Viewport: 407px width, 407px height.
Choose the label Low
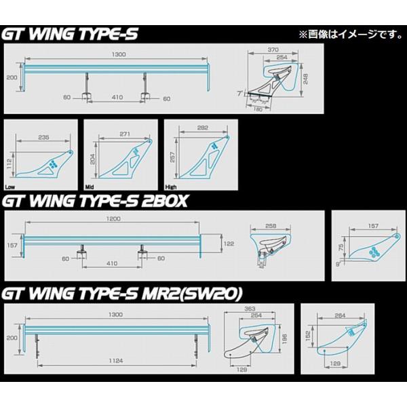(x=9, y=185)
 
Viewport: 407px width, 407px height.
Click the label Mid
(x=89, y=185)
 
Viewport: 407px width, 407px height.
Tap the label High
(x=172, y=185)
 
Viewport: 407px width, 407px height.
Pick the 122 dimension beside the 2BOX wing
(x=229, y=243)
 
